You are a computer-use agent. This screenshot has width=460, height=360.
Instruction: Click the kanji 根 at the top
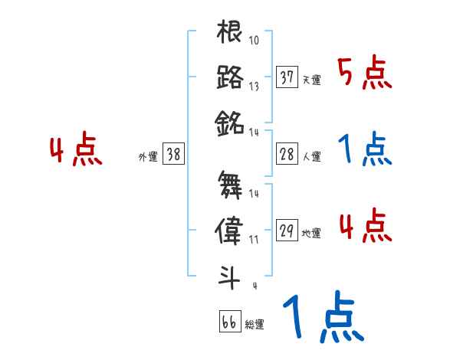[x=230, y=34]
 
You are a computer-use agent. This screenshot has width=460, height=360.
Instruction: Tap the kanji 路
[x=230, y=77]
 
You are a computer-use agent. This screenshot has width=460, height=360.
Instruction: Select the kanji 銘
[x=230, y=120]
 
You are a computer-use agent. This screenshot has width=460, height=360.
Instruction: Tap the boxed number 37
[x=287, y=77]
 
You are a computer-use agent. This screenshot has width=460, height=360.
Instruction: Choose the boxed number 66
[x=228, y=322]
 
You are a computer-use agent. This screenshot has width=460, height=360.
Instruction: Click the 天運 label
[x=311, y=80]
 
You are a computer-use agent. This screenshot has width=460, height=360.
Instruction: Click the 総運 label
[x=255, y=325]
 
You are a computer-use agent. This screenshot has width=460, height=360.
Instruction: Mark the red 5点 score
[x=366, y=74]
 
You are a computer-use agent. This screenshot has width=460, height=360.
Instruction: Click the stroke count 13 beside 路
[x=255, y=86]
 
